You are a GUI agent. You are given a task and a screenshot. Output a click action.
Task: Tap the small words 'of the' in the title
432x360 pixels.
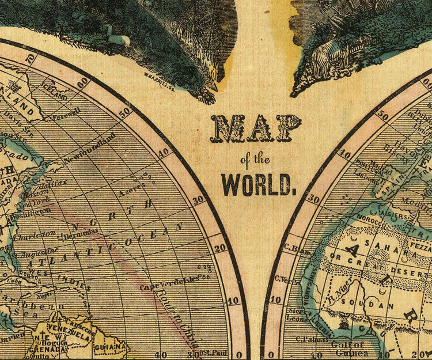tap(257, 158)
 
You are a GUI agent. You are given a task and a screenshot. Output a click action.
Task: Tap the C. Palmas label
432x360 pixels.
tap(308, 340)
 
